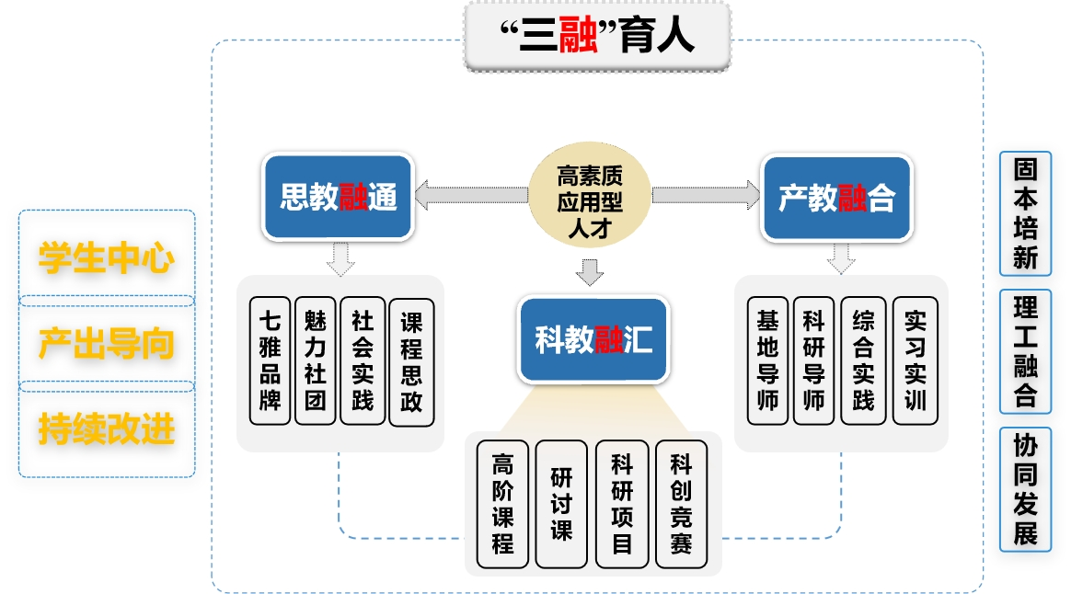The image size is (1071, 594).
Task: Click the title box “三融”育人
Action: point(597,37)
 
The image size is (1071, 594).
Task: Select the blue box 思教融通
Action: point(339,197)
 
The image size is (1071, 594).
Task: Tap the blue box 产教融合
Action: point(836,197)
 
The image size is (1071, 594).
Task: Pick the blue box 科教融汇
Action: point(593,339)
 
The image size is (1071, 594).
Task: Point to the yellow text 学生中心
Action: point(107,258)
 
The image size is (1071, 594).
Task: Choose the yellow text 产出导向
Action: point(107,344)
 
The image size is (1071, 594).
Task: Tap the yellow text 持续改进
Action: point(107,429)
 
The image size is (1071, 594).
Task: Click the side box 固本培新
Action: point(1025,213)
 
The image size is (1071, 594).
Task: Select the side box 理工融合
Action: point(1025,352)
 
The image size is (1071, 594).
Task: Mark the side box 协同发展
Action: point(1025,490)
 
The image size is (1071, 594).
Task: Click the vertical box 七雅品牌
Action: point(271,360)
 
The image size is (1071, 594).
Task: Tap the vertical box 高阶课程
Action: point(502,504)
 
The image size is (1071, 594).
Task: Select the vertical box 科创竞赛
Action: point(680,504)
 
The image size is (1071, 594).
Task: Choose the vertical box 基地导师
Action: point(767,360)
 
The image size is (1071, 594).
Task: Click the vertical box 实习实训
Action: point(915,360)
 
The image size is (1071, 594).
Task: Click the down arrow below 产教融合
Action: point(839,259)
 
